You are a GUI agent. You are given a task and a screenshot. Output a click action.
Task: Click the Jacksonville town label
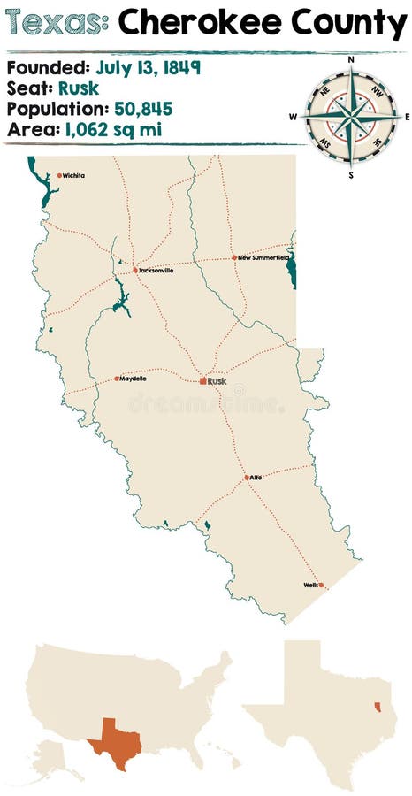coord(156,271)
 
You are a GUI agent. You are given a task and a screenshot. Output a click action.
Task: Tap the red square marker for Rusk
coord(202,381)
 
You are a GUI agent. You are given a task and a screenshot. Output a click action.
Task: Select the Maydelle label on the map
coord(133,379)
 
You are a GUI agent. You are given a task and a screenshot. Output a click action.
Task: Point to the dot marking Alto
coord(247,478)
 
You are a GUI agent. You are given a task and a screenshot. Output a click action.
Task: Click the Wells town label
coord(310,585)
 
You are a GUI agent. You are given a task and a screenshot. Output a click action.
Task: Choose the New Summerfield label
coord(263,257)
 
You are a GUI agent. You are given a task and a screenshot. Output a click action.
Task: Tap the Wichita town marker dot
coord(59,175)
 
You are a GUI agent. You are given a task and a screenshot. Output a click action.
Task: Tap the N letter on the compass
coord(351,60)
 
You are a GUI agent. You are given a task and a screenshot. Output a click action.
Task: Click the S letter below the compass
coord(351,175)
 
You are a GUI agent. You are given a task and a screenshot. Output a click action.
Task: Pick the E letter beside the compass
coord(407,117)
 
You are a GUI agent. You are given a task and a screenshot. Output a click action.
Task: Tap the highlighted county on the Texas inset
coord(378,708)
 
